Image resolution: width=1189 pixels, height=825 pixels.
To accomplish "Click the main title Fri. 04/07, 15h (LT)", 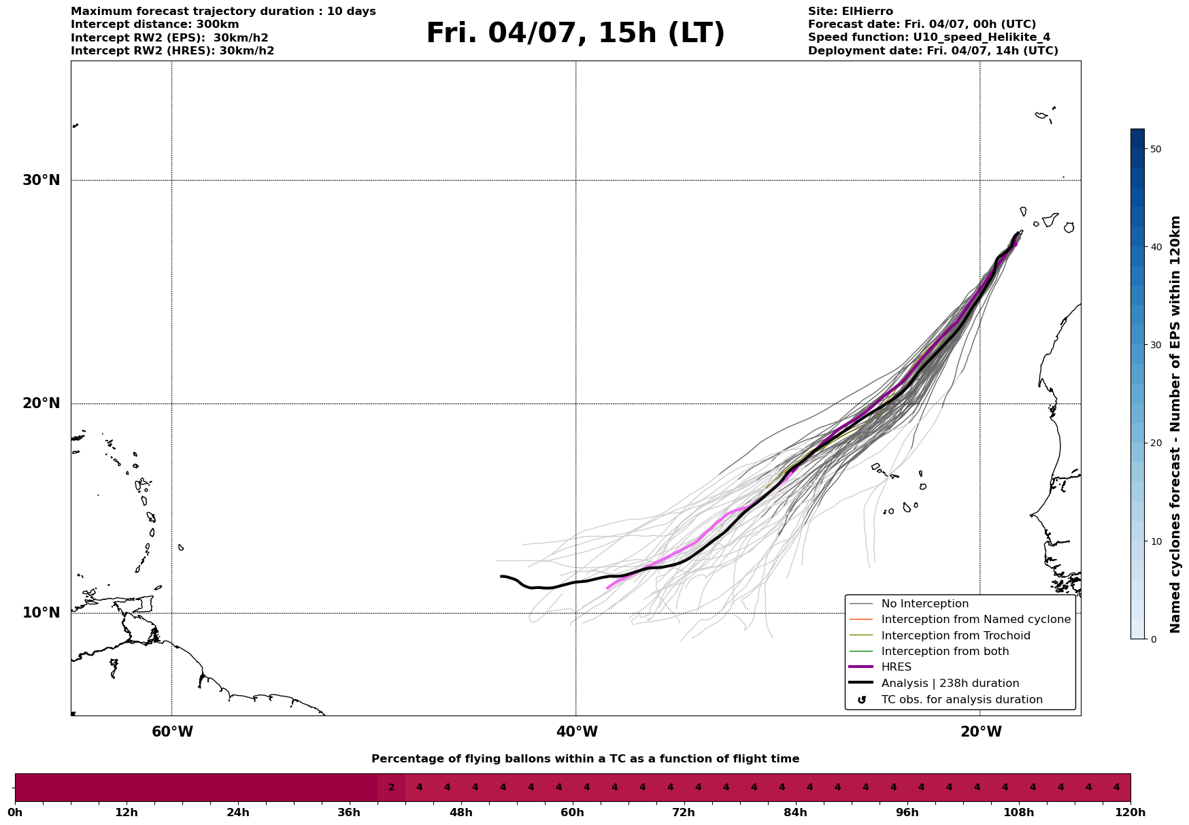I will coord(575,33).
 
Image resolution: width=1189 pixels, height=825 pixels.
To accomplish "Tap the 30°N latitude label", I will coord(41,180).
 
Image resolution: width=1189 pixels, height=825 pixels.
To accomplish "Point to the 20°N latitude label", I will coord(41,403).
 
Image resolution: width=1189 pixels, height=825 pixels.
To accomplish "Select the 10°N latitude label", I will coord(41,613).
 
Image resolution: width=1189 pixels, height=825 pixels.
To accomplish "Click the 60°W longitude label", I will coord(172,732).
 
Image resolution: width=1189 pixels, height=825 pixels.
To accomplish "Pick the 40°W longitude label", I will coord(577,732).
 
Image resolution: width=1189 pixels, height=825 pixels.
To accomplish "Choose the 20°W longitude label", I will coord(981,732).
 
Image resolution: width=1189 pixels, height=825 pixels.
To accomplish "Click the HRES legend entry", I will coord(896,667).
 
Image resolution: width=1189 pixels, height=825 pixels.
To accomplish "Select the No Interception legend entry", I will coord(924,604).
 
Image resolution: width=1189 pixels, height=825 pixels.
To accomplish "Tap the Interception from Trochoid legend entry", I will coord(955,636).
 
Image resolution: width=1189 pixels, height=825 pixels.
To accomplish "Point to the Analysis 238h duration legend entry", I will coord(950,684).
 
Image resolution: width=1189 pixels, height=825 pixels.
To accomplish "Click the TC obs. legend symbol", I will coord(862,700).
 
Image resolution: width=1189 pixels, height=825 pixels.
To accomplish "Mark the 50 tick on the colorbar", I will coord(1155,149).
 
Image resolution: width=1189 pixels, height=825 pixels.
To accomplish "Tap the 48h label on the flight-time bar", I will coord(460,812).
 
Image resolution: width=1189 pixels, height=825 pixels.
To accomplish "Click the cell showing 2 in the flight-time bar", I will coord(391,788).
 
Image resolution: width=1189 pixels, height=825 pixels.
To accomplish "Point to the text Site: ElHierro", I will coord(850,12).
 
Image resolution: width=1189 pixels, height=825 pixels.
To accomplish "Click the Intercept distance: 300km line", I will coord(154,24).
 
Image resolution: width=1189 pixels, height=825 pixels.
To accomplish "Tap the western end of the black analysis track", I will coord(502,576).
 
